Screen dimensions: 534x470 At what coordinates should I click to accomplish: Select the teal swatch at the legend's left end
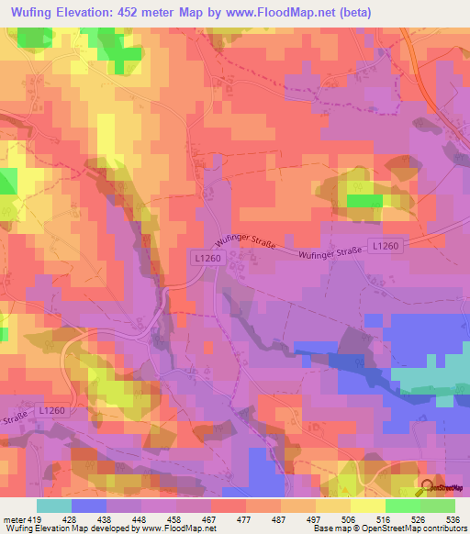54,506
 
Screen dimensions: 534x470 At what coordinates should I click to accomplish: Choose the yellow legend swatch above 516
368,506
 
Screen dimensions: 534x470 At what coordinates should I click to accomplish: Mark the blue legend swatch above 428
89,506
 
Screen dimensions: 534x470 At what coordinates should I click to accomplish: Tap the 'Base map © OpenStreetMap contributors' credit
389,528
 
